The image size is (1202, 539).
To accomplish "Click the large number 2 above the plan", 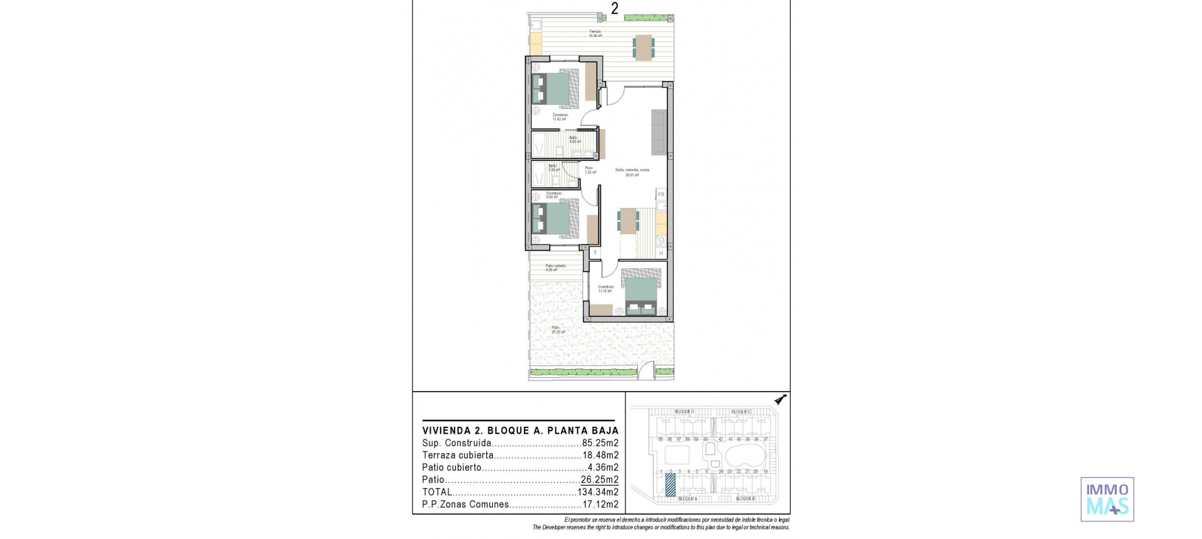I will (615, 9).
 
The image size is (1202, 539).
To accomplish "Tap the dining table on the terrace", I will (644, 47).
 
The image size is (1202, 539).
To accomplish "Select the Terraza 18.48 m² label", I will (595, 34).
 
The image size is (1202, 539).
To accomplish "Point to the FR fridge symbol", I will (661, 195).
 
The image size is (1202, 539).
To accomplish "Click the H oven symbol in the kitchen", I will (661, 253).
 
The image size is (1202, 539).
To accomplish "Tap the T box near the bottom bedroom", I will (595, 253).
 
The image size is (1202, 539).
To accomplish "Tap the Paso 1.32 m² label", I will (590, 170).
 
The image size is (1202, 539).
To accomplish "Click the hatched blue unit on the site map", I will (670, 484).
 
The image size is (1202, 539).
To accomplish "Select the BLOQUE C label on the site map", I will (741, 412).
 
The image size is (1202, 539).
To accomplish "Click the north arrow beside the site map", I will (780, 399).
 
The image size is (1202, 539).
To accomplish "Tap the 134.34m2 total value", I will (598, 492).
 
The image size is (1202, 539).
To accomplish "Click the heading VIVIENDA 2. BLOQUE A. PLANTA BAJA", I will (520, 431).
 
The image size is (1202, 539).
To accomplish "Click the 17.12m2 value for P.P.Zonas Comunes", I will (600, 504).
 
